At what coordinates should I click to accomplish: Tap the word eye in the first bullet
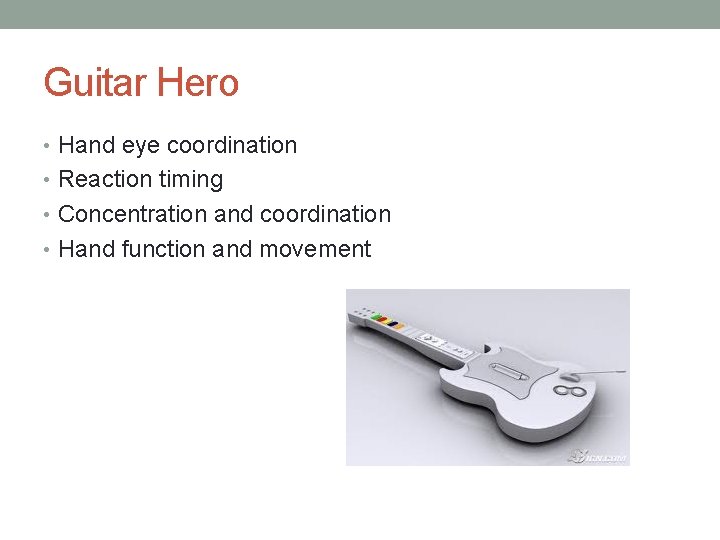pos(141,146)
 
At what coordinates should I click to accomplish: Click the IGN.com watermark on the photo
pos(598,456)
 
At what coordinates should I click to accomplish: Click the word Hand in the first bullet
pos(87,146)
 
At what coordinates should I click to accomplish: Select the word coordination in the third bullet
pos(325,214)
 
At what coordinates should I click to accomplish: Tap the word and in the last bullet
pos(232,249)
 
